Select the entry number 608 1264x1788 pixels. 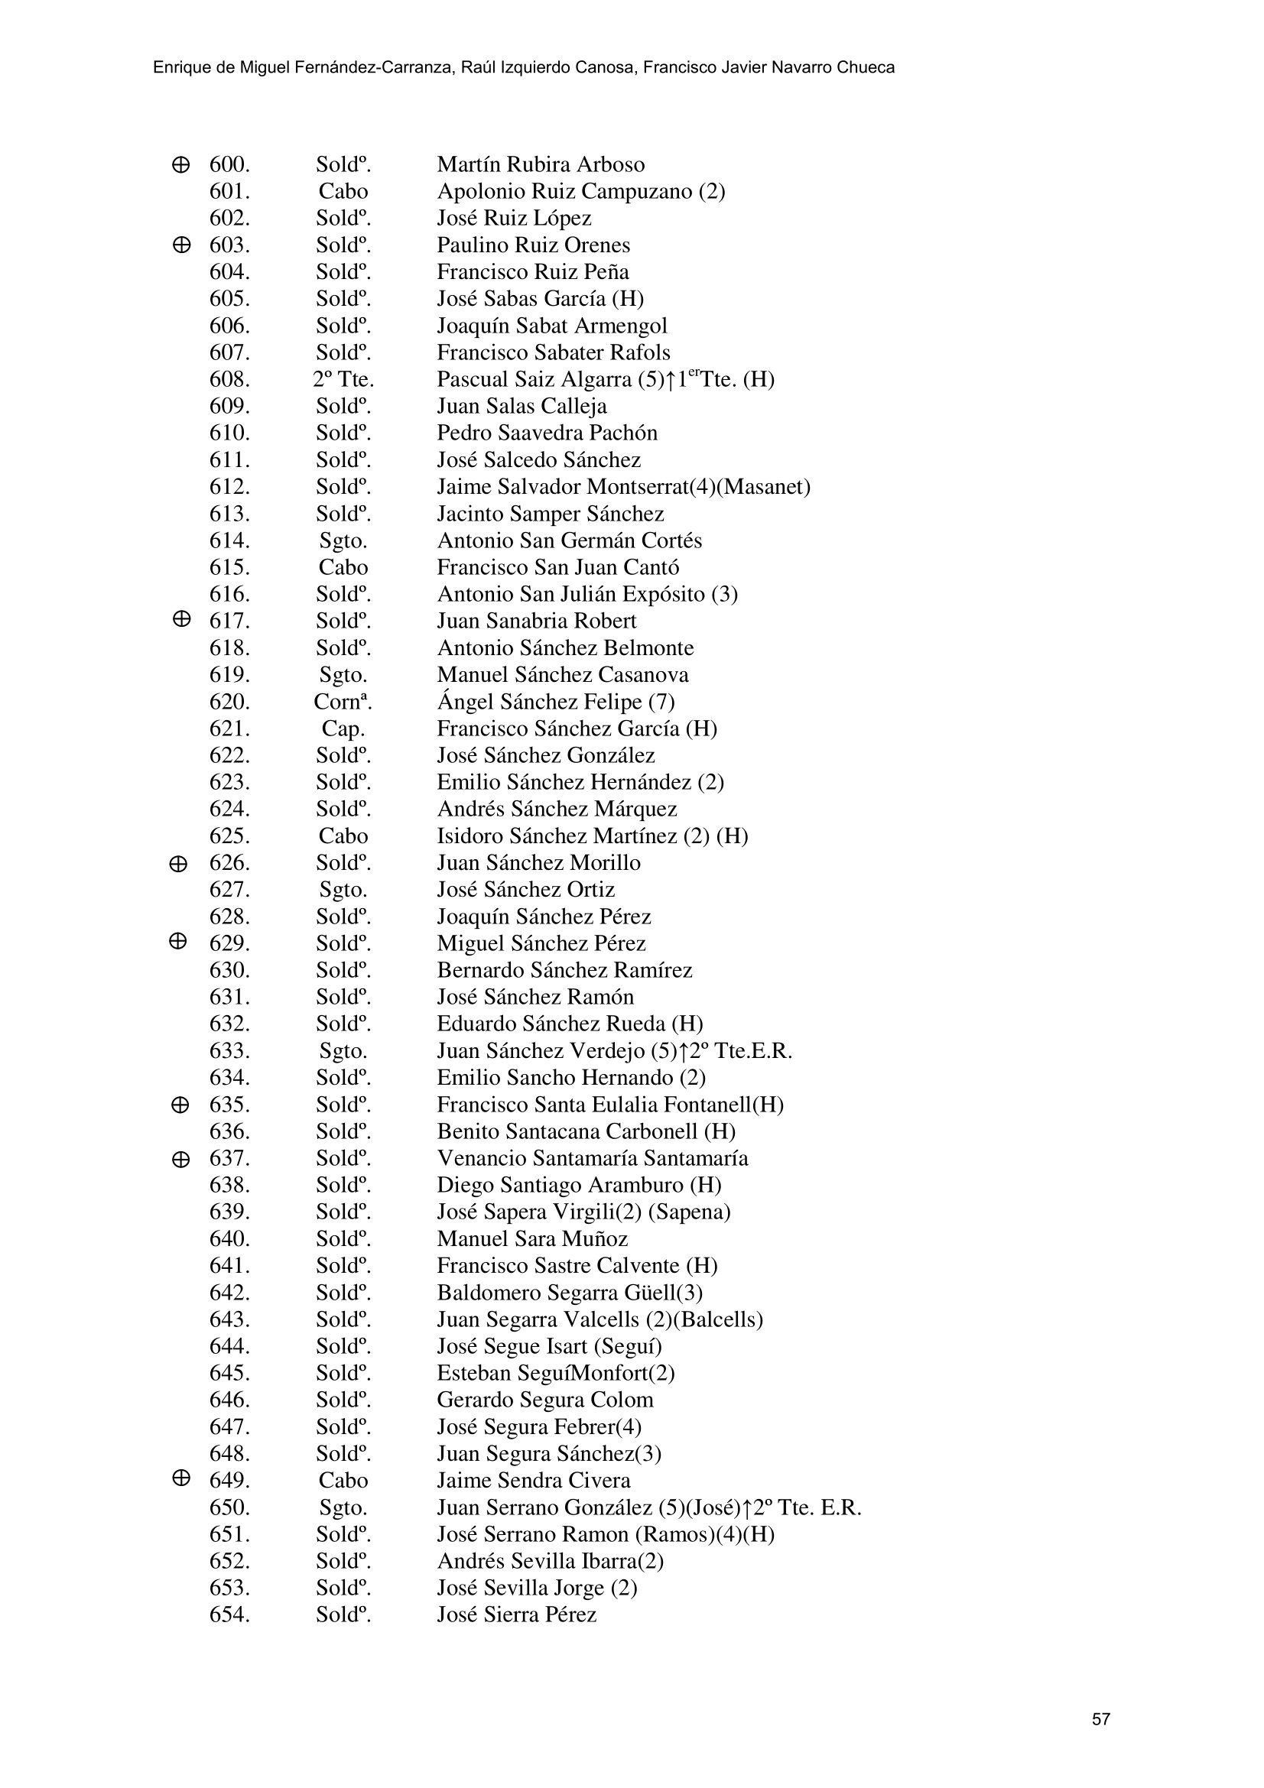229,380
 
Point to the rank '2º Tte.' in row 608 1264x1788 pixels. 343,380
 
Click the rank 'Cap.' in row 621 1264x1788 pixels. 343,729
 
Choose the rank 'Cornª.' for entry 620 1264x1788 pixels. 343,703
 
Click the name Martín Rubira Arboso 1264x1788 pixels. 541,165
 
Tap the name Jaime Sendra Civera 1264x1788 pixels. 534,1481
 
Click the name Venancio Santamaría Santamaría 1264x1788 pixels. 592,1158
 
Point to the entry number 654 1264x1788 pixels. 229,1614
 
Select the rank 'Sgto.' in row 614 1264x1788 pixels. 343,541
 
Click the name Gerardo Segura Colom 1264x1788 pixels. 544,1400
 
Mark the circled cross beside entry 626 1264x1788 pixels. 177,864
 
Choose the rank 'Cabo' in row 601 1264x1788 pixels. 343,192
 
